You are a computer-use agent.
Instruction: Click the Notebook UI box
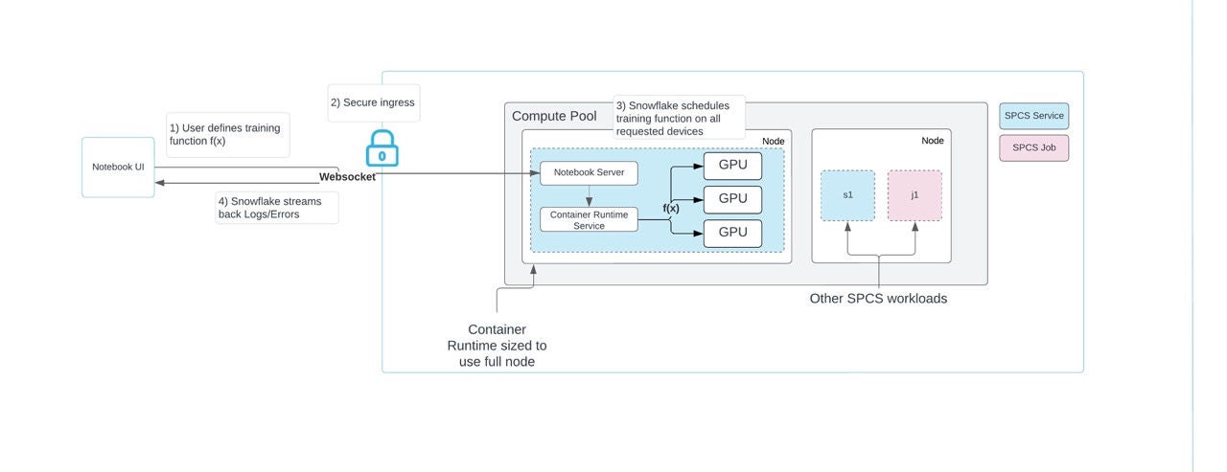click(x=118, y=167)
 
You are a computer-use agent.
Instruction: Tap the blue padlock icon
click(x=382, y=150)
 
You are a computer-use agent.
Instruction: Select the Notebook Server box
click(x=589, y=173)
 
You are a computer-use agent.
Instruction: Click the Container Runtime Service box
click(x=589, y=220)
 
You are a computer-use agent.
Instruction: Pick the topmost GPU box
click(x=732, y=166)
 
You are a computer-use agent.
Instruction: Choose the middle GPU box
click(x=732, y=199)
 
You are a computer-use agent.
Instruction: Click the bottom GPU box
click(x=732, y=234)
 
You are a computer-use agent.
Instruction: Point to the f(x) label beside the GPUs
click(x=671, y=208)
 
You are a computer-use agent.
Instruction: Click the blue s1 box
click(x=847, y=195)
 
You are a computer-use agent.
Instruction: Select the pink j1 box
click(x=914, y=195)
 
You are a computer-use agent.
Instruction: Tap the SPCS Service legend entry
click(x=1033, y=117)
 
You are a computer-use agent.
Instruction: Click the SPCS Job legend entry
click(x=1033, y=148)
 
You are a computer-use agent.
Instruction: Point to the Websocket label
click(x=347, y=177)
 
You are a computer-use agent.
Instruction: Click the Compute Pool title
click(x=554, y=117)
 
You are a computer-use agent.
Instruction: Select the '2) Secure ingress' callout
click(x=372, y=102)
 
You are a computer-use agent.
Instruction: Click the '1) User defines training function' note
click(x=227, y=135)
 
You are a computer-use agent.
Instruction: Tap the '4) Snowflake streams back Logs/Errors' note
click(x=276, y=208)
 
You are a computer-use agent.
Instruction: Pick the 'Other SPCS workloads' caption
click(x=878, y=299)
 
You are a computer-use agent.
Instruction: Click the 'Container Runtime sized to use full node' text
click(x=497, y=346)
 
